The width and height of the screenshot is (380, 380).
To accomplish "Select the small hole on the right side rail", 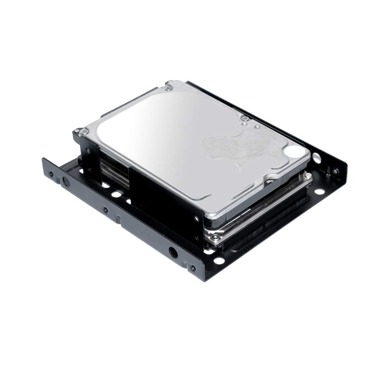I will point(335,172).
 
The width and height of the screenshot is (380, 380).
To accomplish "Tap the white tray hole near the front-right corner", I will point(220,262).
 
